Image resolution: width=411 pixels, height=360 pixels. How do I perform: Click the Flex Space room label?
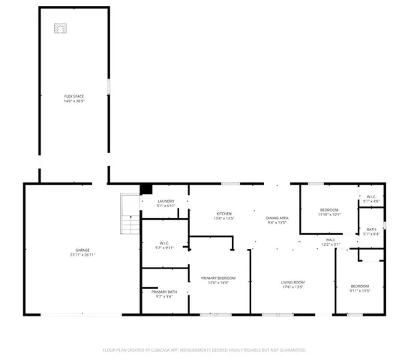pyautogui.click(x=74, y=96)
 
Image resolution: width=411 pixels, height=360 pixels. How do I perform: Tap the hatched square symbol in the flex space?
pyautogui.click(x=59, y=28)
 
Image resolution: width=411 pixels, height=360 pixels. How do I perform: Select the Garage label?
pyautogui.click(x=82, y=250)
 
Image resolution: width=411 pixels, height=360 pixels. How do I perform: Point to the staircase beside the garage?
pyautogui.click(x=130, y=214)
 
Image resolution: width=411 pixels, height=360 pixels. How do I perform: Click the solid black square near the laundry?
pyautogui.click(x=147, y=189)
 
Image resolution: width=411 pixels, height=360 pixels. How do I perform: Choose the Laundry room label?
pyautogui.click(x=166, y=201)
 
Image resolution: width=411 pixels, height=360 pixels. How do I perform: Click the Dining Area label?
pyautogui.click(x=277, y=218)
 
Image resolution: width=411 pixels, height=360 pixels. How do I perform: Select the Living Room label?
pyautogui.click(x=292, y=282)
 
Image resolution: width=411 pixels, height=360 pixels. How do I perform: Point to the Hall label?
pyautogui.click(x=330, y=240)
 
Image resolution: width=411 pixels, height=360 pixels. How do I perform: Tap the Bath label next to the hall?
pyautogui.click(x=371, y=230)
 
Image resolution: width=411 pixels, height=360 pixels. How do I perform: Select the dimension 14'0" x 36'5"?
pyautogui.click(x=74, y=101)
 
